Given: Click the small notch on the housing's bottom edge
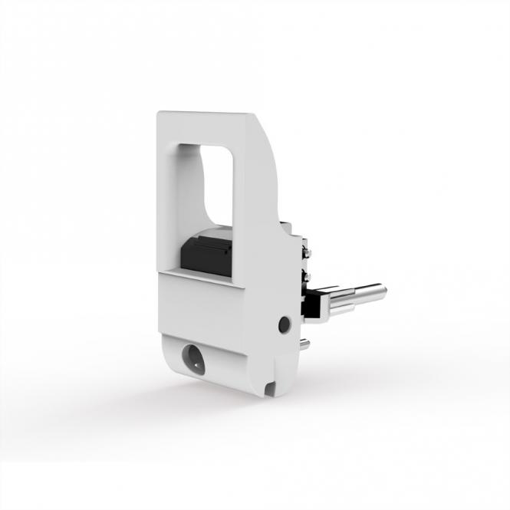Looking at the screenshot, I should [x=271, y=388].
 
